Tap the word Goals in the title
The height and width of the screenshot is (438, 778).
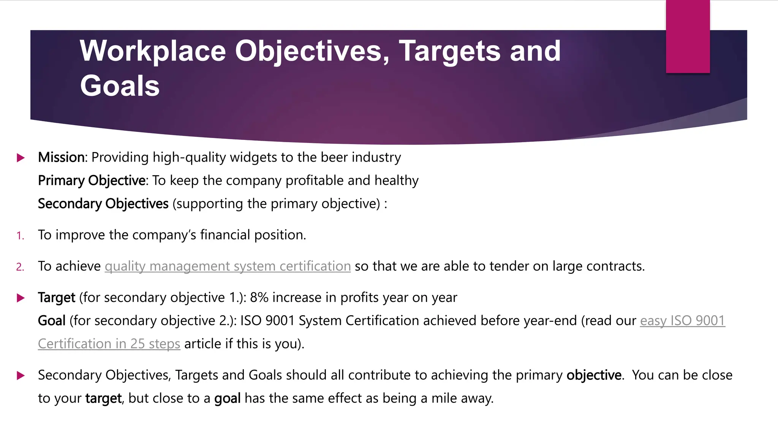tap(120, 86)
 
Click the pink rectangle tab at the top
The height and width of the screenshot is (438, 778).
tap(688, 36)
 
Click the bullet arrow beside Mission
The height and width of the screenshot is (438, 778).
tap(21, 158)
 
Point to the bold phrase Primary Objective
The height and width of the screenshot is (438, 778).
tap(92, 181)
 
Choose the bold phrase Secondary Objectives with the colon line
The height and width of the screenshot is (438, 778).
tap(103, 204)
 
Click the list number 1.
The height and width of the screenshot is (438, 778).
tap(20, 236)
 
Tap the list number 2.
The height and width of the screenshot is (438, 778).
tap(20, 267)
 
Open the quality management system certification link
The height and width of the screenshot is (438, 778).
tap(228, 266)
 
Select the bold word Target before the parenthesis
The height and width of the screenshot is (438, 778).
tap(57, 297)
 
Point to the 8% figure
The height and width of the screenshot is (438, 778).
tap(259, 297)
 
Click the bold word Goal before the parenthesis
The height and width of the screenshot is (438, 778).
tap(52, 321)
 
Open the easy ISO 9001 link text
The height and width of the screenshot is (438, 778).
tap(682, 321)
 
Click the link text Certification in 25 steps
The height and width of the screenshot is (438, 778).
tap(109, 344)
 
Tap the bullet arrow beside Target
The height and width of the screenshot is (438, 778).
tap(21, 298)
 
